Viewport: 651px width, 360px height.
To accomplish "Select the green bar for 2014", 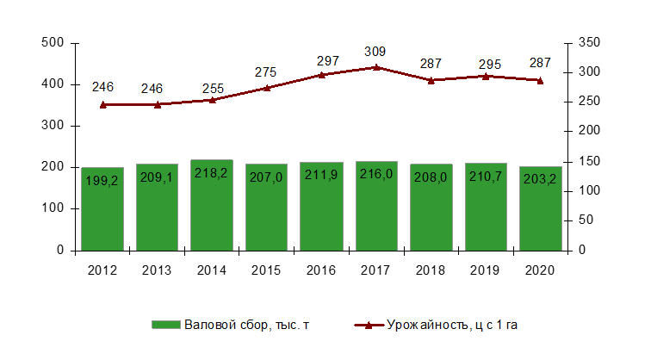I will point(212,207).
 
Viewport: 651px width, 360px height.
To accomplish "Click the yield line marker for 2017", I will point(376,66).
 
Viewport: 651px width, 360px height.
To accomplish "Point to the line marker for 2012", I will point(102,104).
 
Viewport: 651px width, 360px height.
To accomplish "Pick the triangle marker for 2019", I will point(486,76).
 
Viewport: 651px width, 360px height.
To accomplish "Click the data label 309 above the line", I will point(376,51).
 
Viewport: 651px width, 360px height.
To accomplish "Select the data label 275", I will point(267,72).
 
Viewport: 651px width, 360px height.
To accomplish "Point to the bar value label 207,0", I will point(267,177).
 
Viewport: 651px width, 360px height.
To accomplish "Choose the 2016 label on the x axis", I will point(321,270).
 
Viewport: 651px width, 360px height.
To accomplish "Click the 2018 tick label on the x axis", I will point(431,270).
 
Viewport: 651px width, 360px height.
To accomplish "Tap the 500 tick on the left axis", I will point(53,43).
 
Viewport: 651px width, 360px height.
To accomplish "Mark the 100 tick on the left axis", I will point(53,208).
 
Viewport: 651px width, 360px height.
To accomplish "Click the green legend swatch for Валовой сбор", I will point(166,325).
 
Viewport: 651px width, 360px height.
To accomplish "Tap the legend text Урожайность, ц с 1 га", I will point(451,325).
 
